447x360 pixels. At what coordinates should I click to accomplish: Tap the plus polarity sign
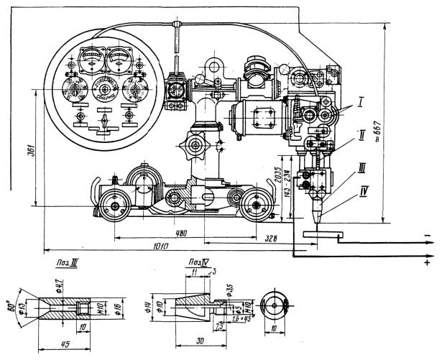coord(429,264)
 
